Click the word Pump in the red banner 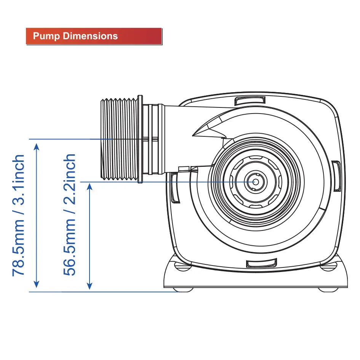coord(46,36)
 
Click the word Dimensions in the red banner coord(90,36)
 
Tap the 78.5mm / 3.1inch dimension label coord(18,215)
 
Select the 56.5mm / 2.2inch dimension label coord(69,215)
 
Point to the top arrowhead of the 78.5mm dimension coord(37,147)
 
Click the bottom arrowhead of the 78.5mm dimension coord(36,284)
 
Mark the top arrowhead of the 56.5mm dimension coord(90,187)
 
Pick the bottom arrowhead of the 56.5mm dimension coord(90,286)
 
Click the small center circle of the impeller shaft coord(256,182)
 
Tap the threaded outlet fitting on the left coord(119,139)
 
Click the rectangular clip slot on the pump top coord(250,101)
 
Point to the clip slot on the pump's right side coord(336,176)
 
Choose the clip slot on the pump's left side coord(175,188)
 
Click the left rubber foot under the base coord(183,290)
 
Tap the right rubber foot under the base coord(328,290)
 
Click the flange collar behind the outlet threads coord(140,139)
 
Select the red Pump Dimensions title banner coord(94,36)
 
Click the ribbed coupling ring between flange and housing coord(154,139)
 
